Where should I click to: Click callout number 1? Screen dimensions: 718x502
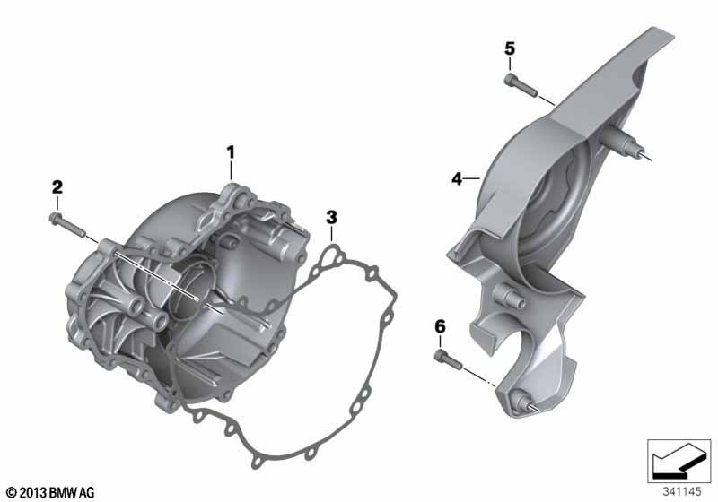231,151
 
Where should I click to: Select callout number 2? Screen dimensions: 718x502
57,187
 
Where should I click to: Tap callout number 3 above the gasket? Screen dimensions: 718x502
331,217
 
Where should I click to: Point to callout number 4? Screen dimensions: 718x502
457,178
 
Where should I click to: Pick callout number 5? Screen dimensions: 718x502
510,48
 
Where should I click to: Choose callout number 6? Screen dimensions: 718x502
440,327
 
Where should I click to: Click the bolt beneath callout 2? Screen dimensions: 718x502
66,224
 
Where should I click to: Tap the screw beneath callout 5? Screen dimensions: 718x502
521,85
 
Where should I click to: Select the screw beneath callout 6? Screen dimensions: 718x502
447,359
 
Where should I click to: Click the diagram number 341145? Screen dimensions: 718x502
682,492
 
